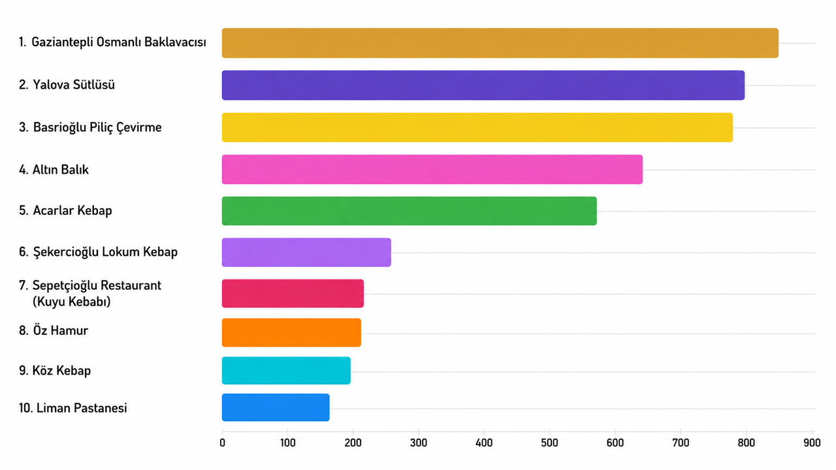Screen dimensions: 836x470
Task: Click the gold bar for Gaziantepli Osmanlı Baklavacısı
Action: [x=500, y=43]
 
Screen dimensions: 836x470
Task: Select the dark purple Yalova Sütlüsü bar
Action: [x=483, y=85]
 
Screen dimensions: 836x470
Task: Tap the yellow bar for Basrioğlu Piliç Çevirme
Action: [x=477, y=127]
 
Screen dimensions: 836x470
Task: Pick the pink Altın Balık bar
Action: [x=432, y=169]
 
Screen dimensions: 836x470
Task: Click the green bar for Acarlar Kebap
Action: [x=410, y=211]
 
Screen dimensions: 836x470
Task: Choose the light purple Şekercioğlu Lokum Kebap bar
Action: [x=306, y=252]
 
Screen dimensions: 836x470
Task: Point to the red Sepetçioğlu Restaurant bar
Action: [x=293, y=293]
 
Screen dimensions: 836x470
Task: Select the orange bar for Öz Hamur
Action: [x=291, y=332]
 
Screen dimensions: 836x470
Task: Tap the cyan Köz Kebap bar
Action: [x=286, y=370]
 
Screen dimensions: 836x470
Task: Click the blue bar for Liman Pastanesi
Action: [x=276, y=407]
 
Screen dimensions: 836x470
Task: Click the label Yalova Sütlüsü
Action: [x=74, y=85]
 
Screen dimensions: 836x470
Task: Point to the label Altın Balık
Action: [x=61, y=170]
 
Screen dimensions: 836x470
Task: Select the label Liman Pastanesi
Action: [x=82, y=408]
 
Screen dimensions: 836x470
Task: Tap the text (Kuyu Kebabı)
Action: [x=72, y=302]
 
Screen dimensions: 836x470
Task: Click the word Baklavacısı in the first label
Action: [x=175, y=42]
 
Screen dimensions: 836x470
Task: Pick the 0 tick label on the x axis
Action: [x=223, y=443]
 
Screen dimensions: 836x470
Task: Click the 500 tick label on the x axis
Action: [x=549, y=443]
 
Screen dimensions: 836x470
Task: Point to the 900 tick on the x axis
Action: [x=812, y=443]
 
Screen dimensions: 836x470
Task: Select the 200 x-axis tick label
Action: [x=353, y=443]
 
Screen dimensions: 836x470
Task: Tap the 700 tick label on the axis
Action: [x=681, y=443]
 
